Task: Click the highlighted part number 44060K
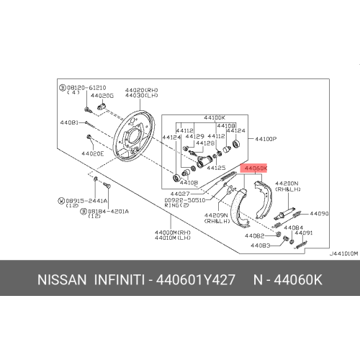[256, 168]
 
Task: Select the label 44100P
[266, 139]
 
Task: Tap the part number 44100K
[215, 117]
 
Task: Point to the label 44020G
[102, 96]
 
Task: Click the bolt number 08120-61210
[86, 88]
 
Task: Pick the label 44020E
[93, 153]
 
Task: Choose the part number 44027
[180, 194]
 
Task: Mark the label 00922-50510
[185, 200]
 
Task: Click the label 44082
[254, 235]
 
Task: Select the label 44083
[261, 246]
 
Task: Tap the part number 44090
[319, 213]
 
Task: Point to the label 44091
[304, 233]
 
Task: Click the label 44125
[216, 168]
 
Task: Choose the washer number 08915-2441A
[86, 201]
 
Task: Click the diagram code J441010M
[343, 253]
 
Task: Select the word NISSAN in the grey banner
[62, 280]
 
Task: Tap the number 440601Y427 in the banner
[195, 280]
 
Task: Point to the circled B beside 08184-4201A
[83, 212]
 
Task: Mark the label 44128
[205, 143]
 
